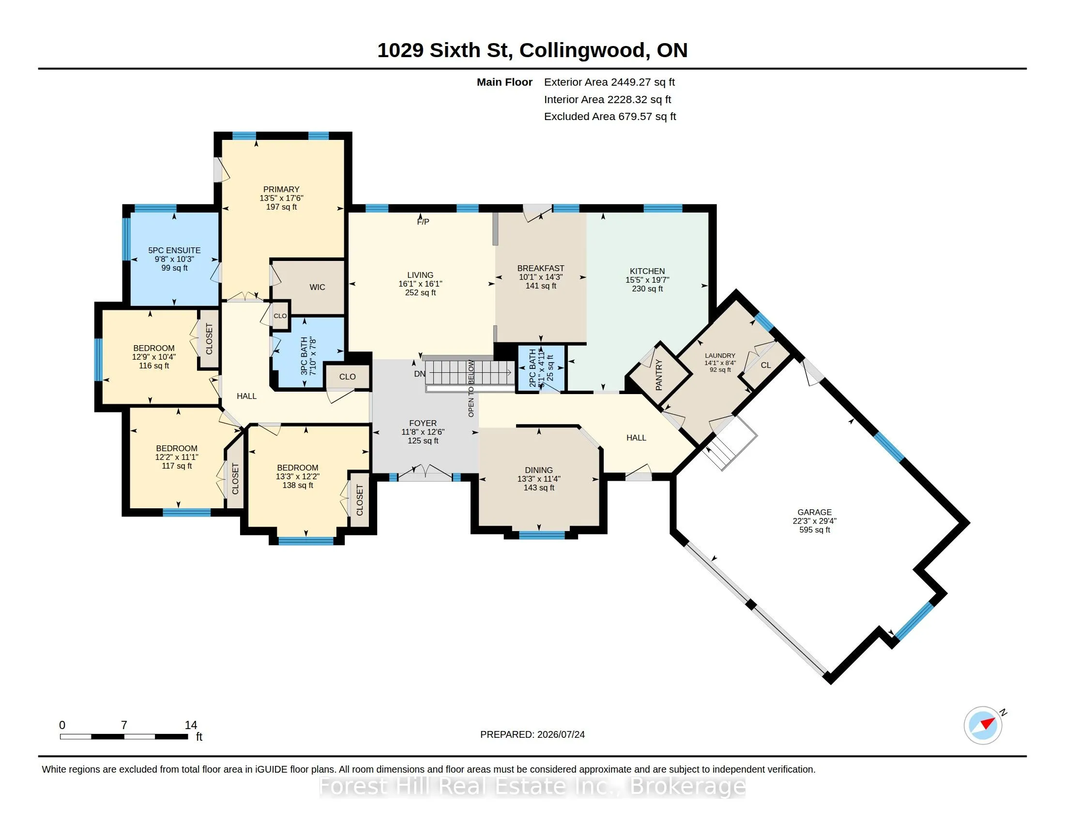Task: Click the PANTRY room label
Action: tap(659, 374)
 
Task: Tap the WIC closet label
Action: tap(317, 287)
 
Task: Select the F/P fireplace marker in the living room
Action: tap(423, 222)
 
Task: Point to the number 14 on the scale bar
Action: tap(191, 725)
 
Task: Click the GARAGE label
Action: tap(814, 512)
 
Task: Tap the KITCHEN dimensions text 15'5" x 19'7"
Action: tap(647, 280)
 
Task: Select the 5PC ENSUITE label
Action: tap(174, 250)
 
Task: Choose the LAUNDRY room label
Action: tap(720, 356)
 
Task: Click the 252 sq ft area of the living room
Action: tap(420, 292)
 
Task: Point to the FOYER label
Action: tap(423, 423)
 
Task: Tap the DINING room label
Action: tap(539, 470)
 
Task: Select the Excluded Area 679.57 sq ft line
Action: tap(610, 117)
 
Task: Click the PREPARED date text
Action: tap(532, 734)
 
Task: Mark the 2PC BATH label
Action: tap(532, 368)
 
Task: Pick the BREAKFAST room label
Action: tap(541, 268)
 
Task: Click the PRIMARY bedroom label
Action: tap(281, 189)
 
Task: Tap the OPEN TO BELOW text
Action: tap(471, 389)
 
